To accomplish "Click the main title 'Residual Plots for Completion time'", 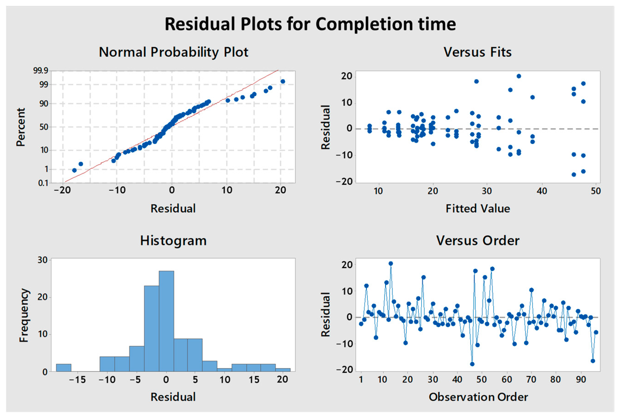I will point(310,24).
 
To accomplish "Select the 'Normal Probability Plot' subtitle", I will point(173,52).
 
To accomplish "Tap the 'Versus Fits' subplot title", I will point(477,52).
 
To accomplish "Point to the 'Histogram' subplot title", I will point(173,241).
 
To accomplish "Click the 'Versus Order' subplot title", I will point(477,241).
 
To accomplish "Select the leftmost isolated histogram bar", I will point(63,368).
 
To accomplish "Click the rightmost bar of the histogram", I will point(283,370).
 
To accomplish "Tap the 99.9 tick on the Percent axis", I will point(41,71).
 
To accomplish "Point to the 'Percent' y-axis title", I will point(21,127).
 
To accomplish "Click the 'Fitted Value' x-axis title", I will point(477,209).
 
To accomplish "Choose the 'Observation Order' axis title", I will point(478,397).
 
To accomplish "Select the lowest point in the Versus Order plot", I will point(472,364).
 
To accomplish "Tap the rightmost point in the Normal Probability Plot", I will point(283,81).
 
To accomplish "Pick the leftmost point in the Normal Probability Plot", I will point(74,170).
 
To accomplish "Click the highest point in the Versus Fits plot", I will point(519,76).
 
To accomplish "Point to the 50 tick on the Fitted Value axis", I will point(596,191).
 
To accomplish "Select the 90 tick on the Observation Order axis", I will point(581,379).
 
